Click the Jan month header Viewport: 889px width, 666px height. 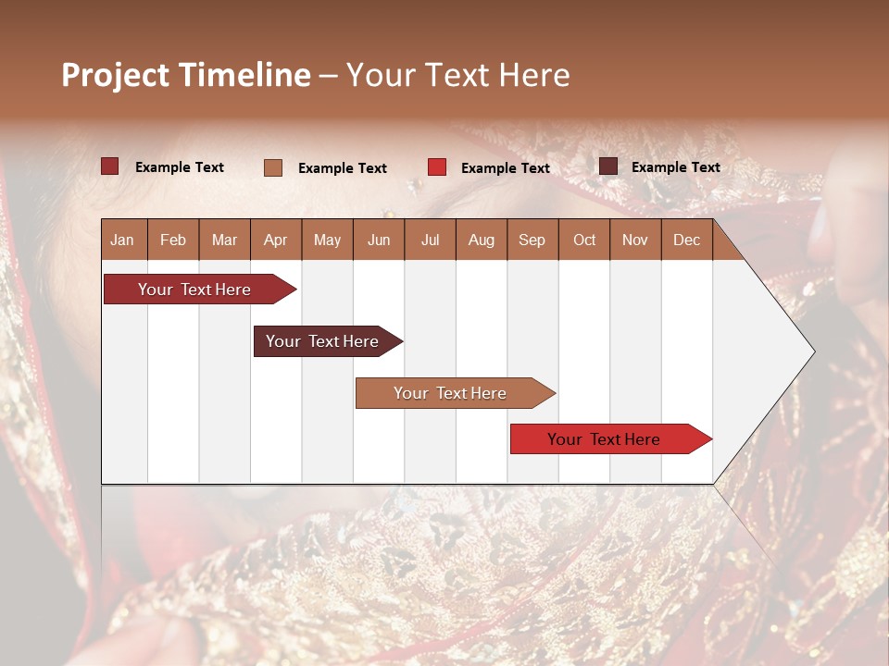(x=123, y=240)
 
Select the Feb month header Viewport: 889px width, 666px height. (x=173, y=240)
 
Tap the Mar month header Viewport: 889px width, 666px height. (x=224, y=240)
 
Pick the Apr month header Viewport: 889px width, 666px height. (x=275, y=240)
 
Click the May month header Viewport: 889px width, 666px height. (x=327, y=240)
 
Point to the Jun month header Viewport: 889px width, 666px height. (x=379, y=240)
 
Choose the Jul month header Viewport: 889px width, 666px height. (x=430, y=240)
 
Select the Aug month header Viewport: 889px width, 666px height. (x=481, y=240)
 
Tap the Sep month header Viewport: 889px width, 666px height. (x=532, y=240)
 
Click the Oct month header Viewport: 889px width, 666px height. (x=583, y=240)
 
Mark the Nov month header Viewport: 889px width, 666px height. (x=634, y=240)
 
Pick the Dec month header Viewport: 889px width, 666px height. (x=686, y=240)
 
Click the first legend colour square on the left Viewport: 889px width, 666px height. (x=110, y=166)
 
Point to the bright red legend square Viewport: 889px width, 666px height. (x=437, y=167)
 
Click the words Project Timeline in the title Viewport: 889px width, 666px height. (x=186, y=75)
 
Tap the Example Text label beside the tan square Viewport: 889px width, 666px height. (x=342, y=168)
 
